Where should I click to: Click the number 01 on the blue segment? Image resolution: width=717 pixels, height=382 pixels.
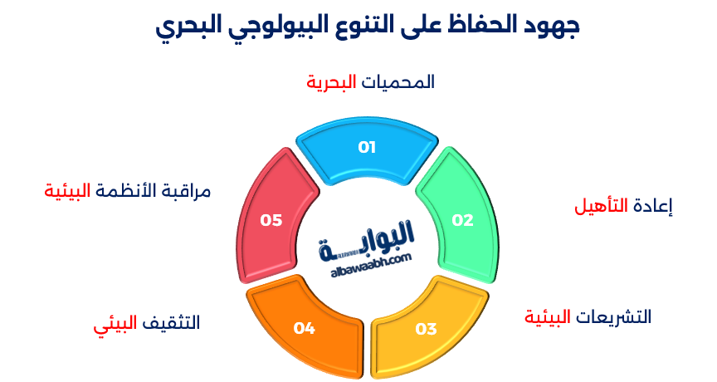(367, 147)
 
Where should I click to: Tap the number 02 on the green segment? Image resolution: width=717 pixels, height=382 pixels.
(462, 220)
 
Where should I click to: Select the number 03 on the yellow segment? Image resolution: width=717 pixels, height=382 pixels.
(426, 329)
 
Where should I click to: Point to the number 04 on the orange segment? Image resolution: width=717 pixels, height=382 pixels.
(305, 329)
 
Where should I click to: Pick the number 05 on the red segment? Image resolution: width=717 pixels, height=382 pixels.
(271, 220)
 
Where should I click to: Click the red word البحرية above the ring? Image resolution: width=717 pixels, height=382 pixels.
(331, 82)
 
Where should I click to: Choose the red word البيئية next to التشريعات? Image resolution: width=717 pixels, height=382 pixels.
(549, 316)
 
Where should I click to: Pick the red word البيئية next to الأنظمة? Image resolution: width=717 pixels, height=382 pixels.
(68, 190)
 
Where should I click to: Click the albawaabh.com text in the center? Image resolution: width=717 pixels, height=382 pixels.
(365, 260)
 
